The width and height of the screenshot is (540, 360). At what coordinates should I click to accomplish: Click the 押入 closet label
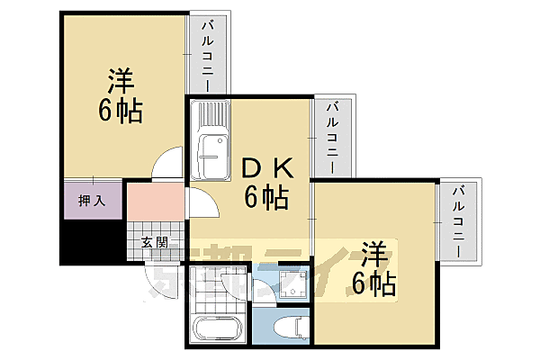[93, 200]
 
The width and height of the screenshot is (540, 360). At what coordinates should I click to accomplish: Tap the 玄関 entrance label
[155, 241]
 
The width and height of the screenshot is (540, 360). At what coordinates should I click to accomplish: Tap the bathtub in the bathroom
[217, 329]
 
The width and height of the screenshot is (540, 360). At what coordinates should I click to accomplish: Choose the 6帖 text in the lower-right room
[373, 283]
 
